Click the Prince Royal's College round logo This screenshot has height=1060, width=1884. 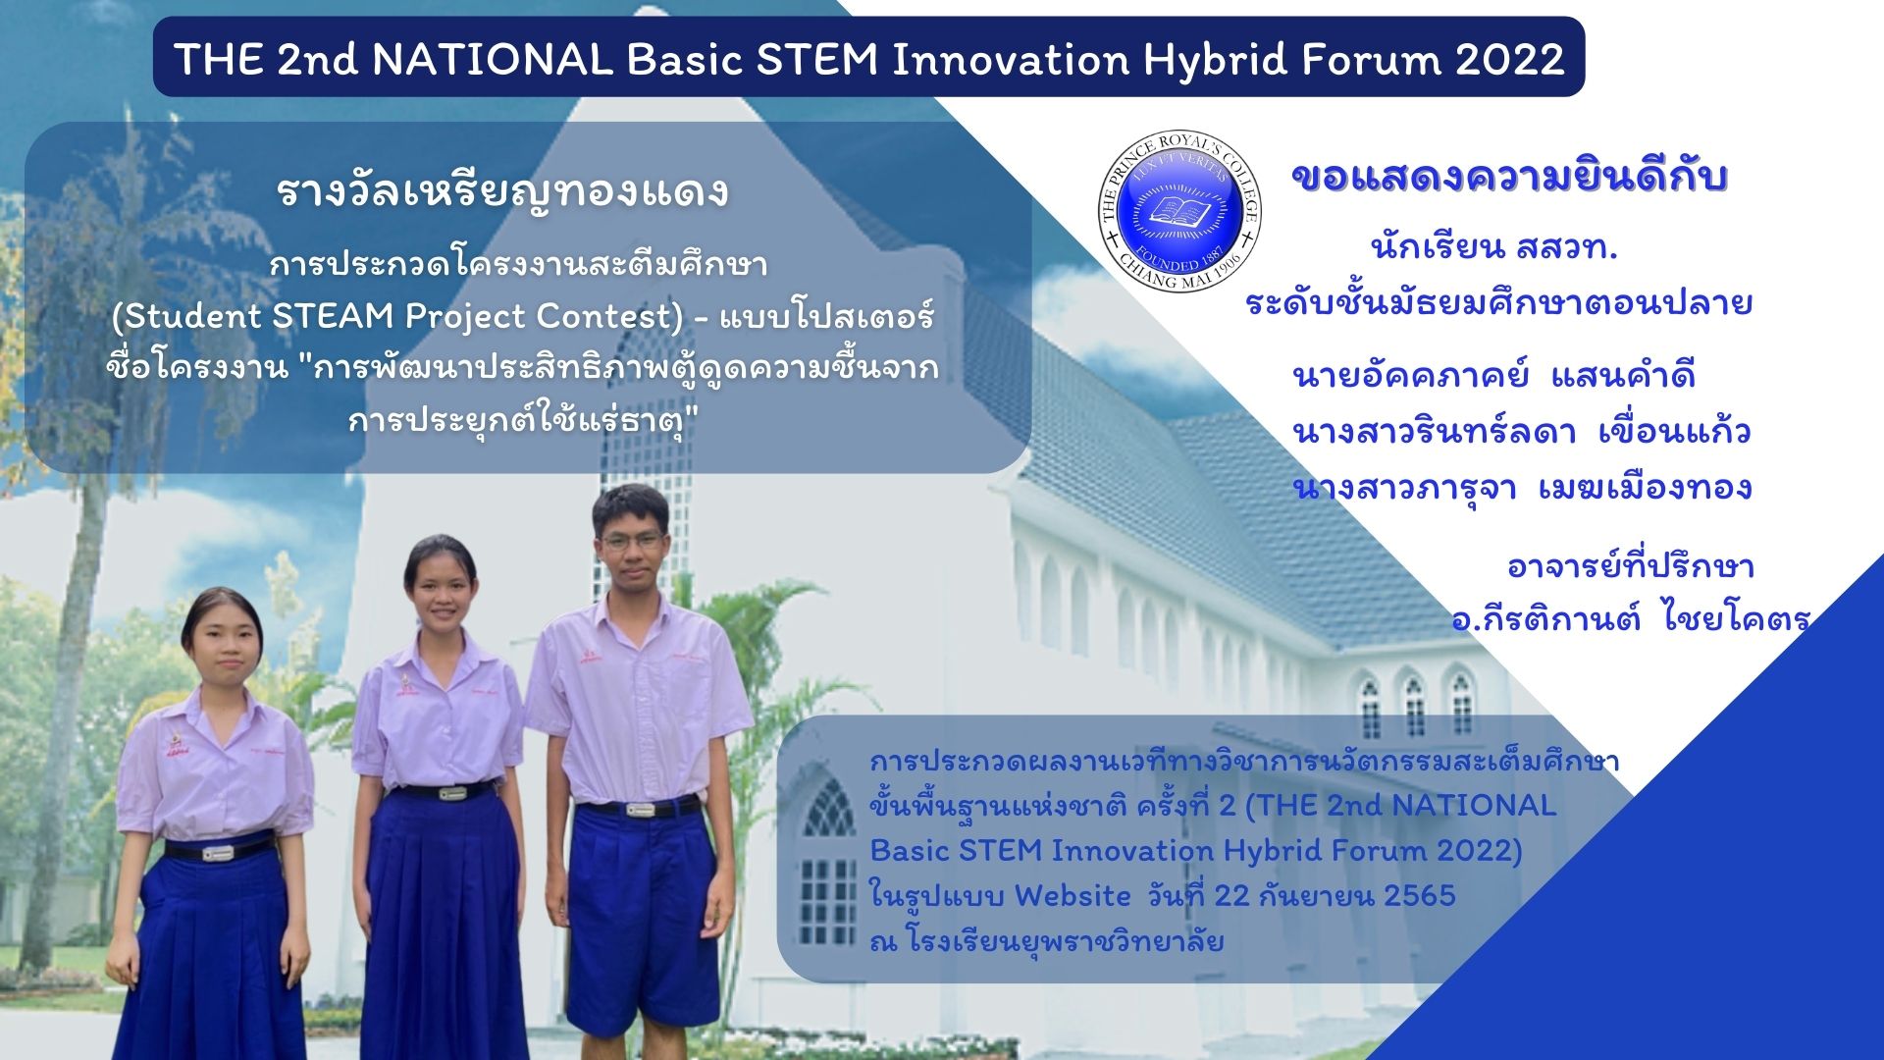(1178, 211)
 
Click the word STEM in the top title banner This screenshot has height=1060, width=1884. (817, 60)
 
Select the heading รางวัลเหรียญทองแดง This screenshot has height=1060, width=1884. (502, 191)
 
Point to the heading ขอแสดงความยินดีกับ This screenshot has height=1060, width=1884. (1509, 178)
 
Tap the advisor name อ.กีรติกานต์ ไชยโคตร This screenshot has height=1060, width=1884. (1630, 618)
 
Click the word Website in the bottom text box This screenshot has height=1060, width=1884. (1073, 895)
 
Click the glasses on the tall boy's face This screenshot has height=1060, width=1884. (632, 540)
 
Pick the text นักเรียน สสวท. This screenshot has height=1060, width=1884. (1494, 248)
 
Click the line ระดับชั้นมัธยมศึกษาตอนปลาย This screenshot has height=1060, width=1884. (1498, 303)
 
